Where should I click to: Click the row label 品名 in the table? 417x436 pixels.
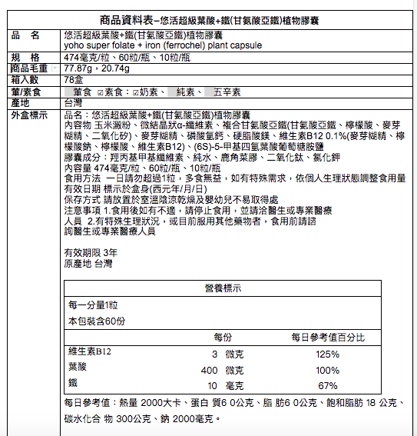26,35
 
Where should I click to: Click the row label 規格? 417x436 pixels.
26,58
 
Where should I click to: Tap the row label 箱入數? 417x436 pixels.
26,80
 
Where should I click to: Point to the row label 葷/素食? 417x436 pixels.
28,92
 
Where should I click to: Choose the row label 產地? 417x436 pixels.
22,102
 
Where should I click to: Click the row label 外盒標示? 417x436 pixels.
31,114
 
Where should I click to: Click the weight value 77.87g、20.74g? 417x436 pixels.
97,68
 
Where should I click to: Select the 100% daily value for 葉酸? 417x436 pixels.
327,370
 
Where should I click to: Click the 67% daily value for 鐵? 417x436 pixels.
327,385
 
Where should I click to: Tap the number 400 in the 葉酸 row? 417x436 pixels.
210,370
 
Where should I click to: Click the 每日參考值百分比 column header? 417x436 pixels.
328,338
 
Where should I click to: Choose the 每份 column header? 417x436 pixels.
222,338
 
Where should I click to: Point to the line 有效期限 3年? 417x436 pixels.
90,252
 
